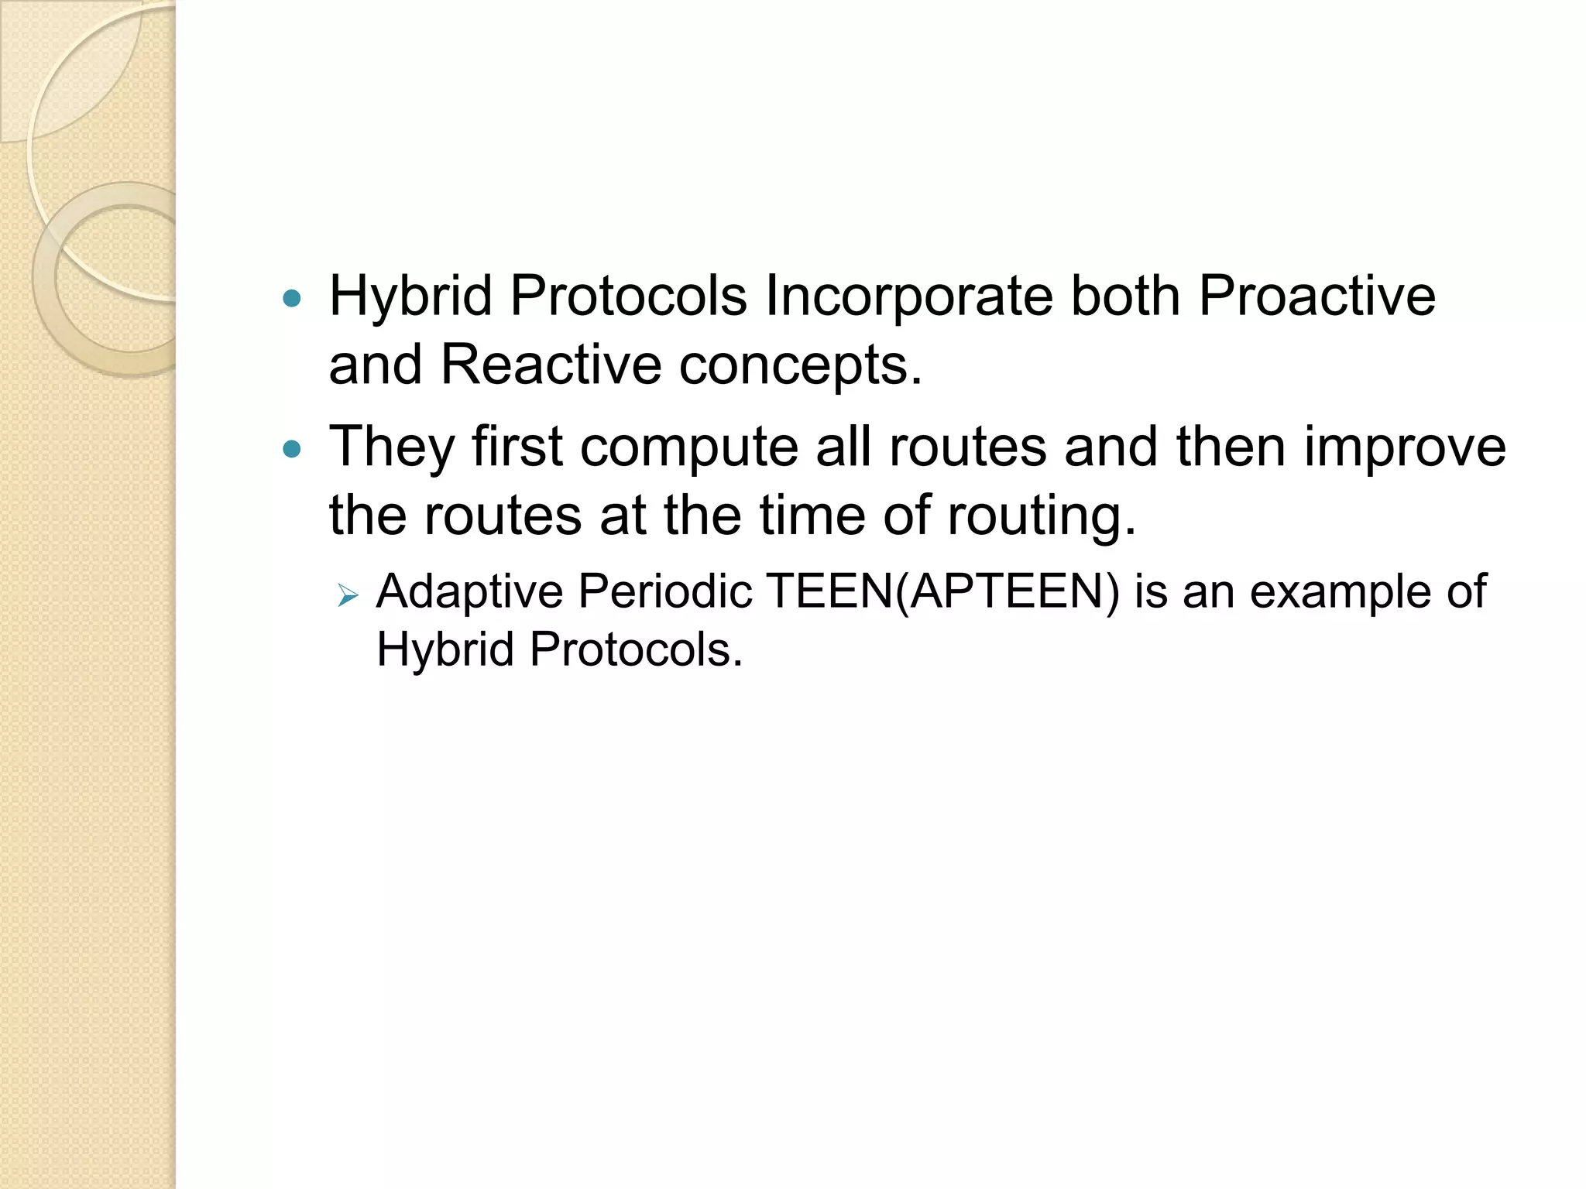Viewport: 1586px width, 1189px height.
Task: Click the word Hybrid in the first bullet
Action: click(410, 296)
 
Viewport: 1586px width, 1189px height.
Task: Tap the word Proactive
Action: click(1317, 296)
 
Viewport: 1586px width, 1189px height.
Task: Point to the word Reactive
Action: click(551, 365)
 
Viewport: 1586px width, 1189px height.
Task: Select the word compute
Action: click(688, 447)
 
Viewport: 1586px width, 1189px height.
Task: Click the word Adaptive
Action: click(469, 592)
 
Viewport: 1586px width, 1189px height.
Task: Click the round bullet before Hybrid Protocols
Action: click(292, 298)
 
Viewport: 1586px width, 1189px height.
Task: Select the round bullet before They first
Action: click(292, 449)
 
